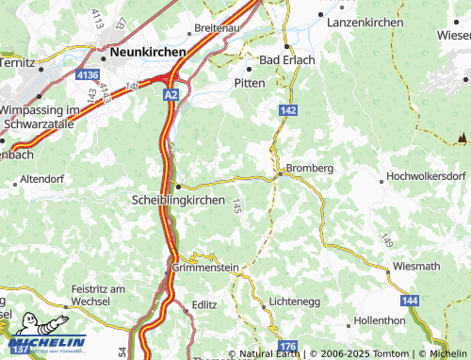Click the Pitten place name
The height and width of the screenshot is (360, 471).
249,83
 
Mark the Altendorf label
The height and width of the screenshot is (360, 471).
41,177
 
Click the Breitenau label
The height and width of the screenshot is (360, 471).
218,28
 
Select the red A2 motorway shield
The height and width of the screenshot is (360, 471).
170,95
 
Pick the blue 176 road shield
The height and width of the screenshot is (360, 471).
287,347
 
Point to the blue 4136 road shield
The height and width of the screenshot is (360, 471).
88,74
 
